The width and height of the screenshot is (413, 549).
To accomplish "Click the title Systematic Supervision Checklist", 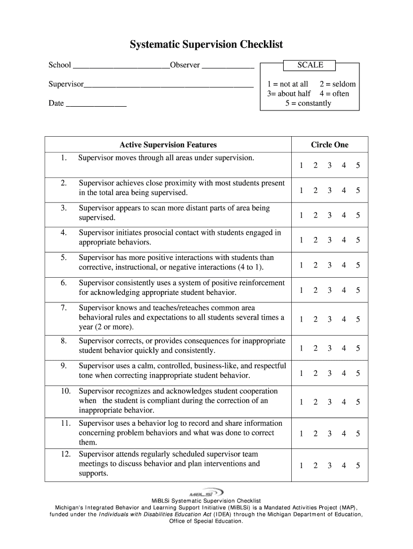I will point(206,44).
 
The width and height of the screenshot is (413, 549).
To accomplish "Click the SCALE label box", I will point(310,65).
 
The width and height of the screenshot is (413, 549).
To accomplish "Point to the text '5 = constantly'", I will point(308,103).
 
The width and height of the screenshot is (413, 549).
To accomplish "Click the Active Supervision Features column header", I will point(168,145).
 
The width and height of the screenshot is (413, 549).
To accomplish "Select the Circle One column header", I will point(329,145).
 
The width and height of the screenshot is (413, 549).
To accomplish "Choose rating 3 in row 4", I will point(329,240).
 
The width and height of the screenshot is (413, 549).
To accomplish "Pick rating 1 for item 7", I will point(301,320).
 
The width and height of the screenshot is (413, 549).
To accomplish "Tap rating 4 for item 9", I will point(344,373).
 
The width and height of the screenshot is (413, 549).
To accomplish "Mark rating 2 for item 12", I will point(315,466).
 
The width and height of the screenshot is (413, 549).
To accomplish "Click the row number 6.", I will point(63,283).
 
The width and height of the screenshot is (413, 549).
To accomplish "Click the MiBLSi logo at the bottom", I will point(206,492).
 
